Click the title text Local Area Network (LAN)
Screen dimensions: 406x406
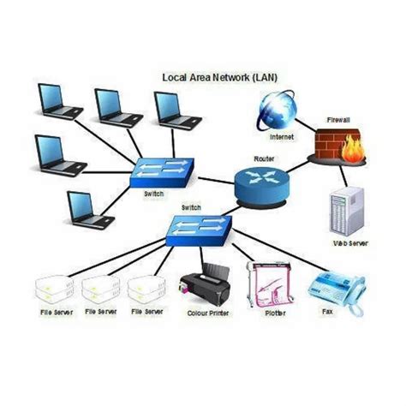click(x=219, y=77)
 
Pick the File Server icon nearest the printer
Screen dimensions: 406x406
click(x=146, y=289)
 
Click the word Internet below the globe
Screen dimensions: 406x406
click(x=281, y=137)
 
